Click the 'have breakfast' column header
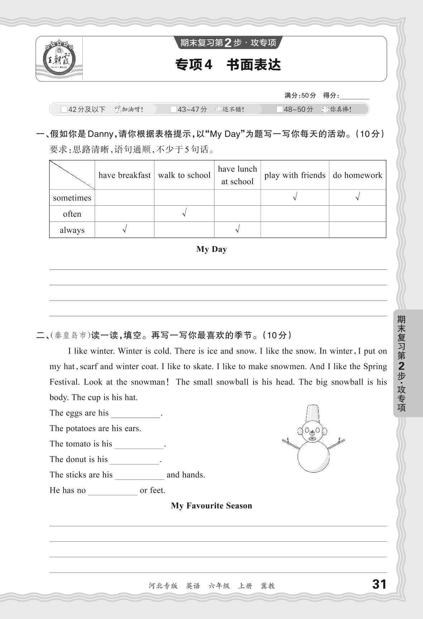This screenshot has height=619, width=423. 124,175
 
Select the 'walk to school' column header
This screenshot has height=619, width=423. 184,175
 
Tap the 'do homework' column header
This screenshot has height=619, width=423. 357,175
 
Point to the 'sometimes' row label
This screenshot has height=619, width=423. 72,198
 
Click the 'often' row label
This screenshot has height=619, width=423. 72,214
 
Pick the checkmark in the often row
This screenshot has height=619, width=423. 184,214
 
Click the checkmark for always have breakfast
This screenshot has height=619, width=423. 124,229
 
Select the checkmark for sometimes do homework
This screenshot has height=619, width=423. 357,197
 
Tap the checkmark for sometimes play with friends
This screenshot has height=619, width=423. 294,197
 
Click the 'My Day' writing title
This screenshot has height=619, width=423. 211,249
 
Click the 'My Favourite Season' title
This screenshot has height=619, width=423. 211,506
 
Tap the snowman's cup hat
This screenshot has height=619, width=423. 313,413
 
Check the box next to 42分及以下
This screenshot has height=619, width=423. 64,109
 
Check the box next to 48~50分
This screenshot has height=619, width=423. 280,109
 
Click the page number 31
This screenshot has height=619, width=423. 379,584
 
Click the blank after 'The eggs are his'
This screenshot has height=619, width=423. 136,414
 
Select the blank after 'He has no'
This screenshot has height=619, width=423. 112,491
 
